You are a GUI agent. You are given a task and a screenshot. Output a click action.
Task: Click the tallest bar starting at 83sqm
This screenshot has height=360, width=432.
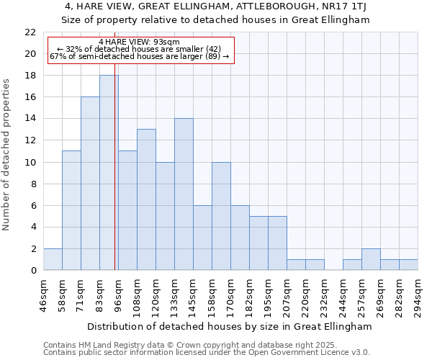109,173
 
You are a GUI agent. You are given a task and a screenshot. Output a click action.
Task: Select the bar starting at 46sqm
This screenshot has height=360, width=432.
53,259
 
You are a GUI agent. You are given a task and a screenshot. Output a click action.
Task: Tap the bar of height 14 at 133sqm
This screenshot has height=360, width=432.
184,194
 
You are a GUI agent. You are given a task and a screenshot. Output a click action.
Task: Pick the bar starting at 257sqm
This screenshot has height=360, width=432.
371,259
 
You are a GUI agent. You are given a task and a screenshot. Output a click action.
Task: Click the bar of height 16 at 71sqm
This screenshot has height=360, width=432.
90,184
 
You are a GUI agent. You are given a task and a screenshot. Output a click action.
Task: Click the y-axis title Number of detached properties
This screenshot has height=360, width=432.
7,156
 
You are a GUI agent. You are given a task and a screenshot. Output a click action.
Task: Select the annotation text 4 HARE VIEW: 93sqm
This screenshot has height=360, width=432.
140,42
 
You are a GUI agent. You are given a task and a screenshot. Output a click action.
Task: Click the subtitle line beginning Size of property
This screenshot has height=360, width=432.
215,19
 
